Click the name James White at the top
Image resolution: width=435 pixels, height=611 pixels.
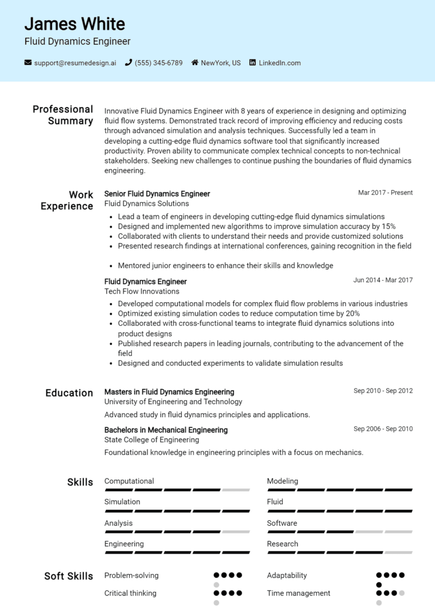(x=75, y=24)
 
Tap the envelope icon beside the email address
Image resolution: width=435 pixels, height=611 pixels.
(x=28, y=63)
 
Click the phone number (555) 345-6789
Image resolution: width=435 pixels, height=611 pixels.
(x=159, y=63)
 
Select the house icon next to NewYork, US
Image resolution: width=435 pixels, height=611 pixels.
(x=195, y=63)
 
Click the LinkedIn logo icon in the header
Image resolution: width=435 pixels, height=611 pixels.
(x=253, y=63)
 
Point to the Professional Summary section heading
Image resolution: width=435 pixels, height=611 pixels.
(x=62, y=115)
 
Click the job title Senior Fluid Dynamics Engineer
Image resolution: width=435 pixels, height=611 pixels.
(x=157, y=194)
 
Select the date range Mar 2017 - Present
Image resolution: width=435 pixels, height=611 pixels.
(x=385, y=193)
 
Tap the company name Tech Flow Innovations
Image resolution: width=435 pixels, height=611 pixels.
(x=142, y=291)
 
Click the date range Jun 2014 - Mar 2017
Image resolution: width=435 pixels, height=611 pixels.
(x=383, y=280)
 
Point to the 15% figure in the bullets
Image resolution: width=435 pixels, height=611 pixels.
(x=389, y=226)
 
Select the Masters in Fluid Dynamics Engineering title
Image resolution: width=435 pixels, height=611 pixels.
(x=169, y=392)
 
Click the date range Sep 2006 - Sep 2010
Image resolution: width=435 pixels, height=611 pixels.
(x=383, y=429)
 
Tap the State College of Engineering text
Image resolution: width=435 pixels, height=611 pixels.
(x=152, y=440)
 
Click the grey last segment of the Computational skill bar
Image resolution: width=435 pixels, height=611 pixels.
(x=236, y=490)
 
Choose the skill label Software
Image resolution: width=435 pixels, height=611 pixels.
(x=282, y=523)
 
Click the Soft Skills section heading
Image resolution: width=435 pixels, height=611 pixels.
(x=69, y=576)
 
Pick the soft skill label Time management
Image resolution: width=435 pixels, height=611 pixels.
(x=298, y=593)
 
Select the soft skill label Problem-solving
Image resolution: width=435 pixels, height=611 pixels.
(x=131, y=575)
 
